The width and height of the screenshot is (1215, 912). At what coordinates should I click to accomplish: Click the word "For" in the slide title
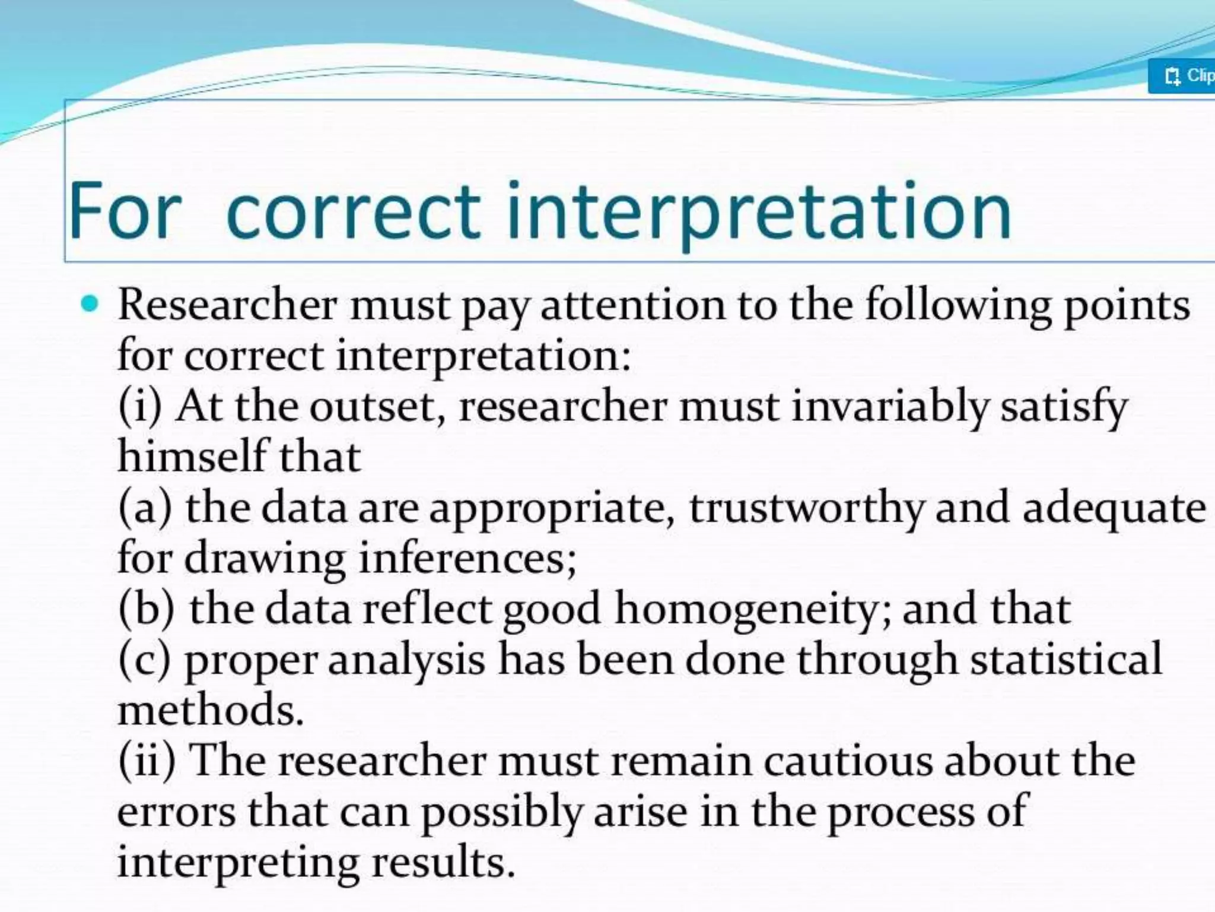(123, 211)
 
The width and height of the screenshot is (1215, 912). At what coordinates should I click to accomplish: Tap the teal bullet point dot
(90, 305)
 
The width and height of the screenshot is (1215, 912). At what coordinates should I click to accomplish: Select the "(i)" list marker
(140, 407)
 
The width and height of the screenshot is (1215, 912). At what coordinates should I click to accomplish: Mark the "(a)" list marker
(145, 509)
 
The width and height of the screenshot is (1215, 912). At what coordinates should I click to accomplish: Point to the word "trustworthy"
(806, 509)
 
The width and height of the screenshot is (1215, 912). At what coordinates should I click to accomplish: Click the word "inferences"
(467, 559)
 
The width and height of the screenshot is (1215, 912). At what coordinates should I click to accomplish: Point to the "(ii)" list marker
(147, 761)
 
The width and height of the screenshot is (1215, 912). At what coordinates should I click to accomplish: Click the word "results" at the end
(443, 862)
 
